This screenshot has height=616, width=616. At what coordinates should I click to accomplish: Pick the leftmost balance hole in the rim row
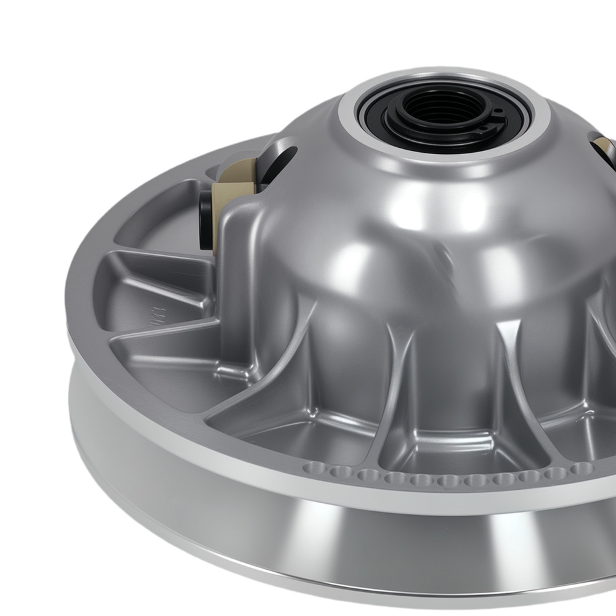click(x=313, y=469)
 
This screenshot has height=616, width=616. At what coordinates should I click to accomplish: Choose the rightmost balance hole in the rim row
click(x=582, y=469)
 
